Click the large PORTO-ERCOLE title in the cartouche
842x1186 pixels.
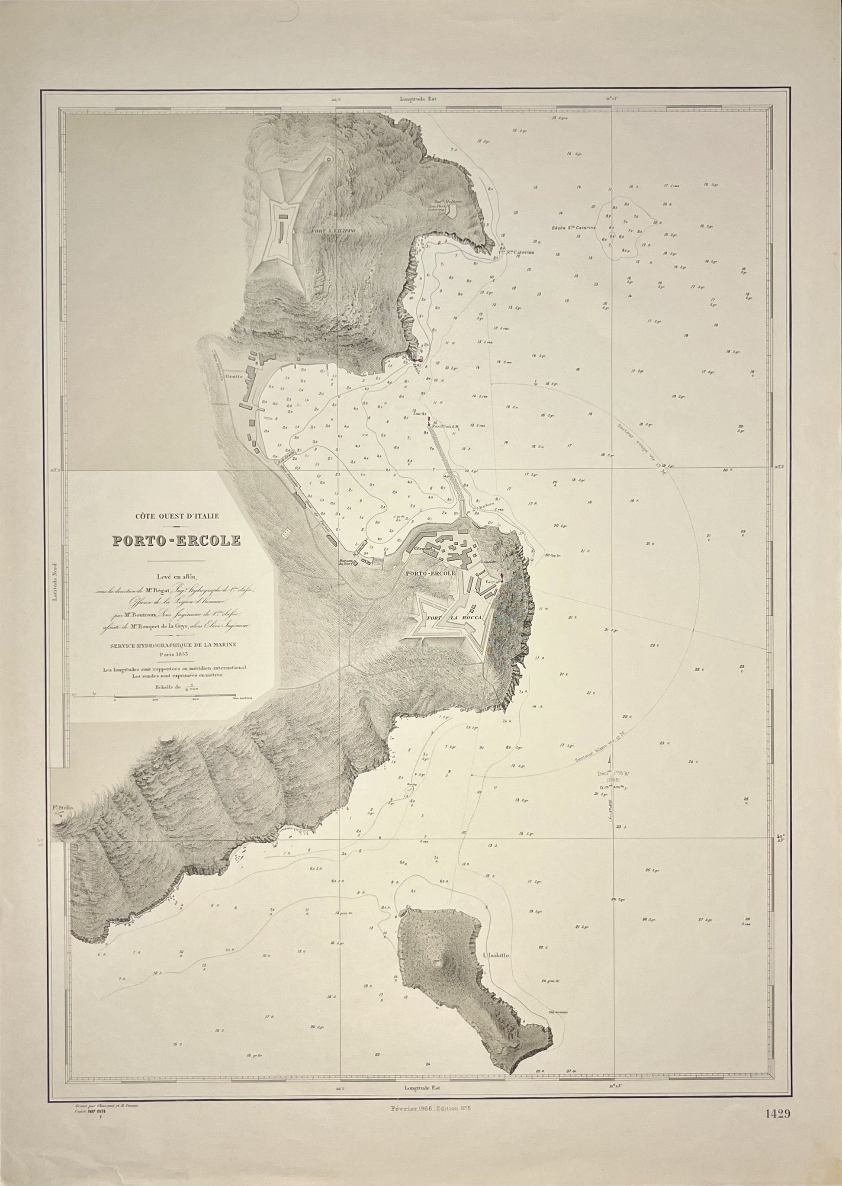click(177, 541)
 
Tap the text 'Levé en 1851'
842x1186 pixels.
click(177, 574)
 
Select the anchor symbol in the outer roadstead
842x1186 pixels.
click(536, 382)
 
